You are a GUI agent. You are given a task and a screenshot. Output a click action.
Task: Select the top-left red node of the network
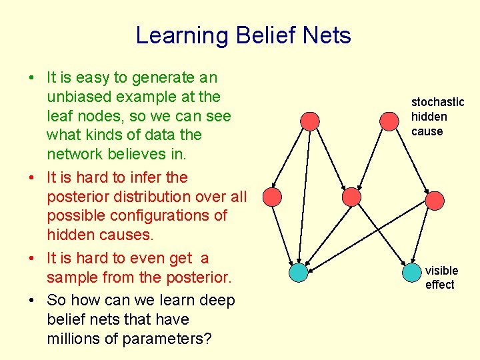[309, 121]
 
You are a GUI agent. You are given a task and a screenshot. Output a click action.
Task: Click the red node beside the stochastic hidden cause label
[389, 121]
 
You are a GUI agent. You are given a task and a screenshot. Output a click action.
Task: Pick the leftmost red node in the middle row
[272, 196]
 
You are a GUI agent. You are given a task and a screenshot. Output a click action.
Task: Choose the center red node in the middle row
[351, 197]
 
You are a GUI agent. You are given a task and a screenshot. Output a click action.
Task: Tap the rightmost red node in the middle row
[435, 200]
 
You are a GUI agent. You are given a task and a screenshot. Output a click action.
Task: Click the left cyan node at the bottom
[299, 272]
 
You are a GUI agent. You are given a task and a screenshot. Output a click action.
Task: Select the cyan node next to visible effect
[413, 272]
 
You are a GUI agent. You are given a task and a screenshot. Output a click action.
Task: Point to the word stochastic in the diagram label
[437, 102]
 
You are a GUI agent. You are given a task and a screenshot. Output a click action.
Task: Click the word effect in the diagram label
[440, 285]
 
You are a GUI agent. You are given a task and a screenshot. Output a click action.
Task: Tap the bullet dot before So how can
[32, 301]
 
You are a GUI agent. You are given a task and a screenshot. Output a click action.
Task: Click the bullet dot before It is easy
[32, 78]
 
